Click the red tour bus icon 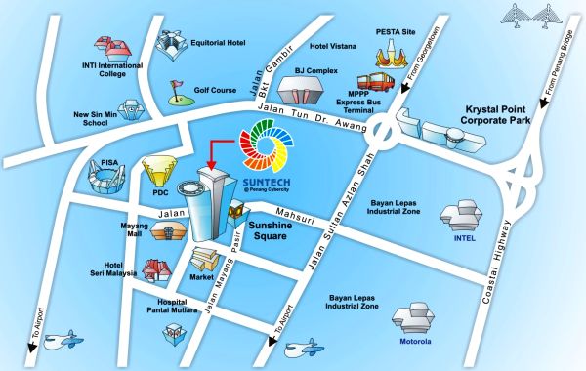pyautogui.click(x=377, y=84)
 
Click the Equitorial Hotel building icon pyautogui.click(x=172, y=43)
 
